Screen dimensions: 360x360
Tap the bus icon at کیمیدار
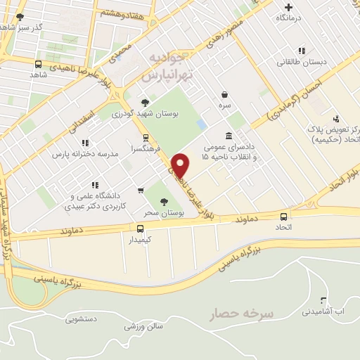(141, 229)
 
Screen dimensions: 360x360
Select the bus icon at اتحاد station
(284, 217)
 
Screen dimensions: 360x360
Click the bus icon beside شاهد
(38, 64)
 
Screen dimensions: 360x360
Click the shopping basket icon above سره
(224, 94)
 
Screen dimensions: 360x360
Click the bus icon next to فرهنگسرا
(146, 138)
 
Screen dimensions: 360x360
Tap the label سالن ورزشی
(144, 326)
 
